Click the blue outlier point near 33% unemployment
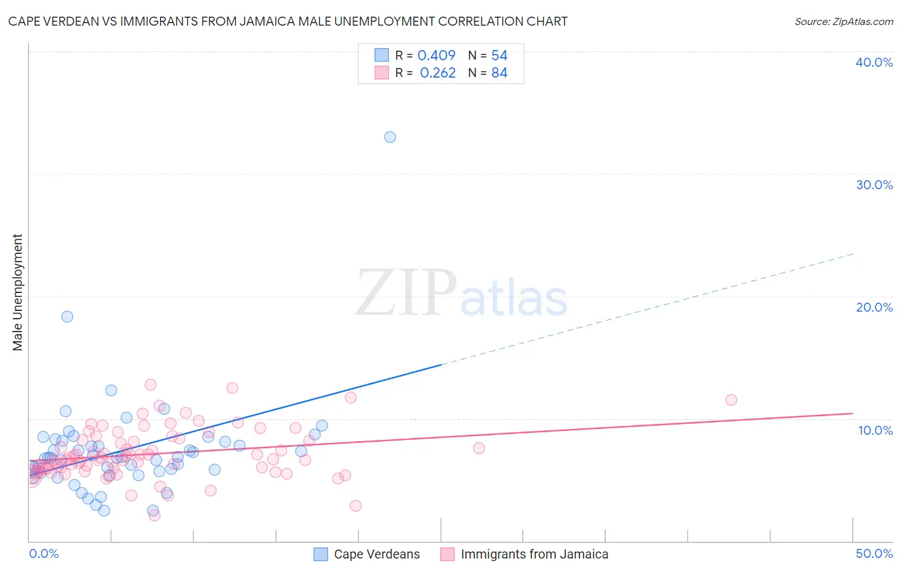tap(390, 137)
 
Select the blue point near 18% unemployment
tap(67, 317)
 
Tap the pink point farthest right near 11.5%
tap(731, 400)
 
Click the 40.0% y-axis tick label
tap(874, 62)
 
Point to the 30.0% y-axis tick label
tap(874, 185)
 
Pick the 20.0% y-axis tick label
tap(874, 307)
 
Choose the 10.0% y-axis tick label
tap(874, 430)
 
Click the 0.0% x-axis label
tap(44, 554)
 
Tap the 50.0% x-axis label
tap(874, 554)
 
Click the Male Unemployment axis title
tap(18, 292)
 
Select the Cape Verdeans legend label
tap(377, 555)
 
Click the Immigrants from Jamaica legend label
tap(534, 555)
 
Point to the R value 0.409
tap(436, 56)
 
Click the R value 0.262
tap(438, 73)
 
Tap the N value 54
tap(499, 56)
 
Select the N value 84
tap(499, 73)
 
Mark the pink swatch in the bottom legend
tap(447, 555)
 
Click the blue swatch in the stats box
tap(382, 55)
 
